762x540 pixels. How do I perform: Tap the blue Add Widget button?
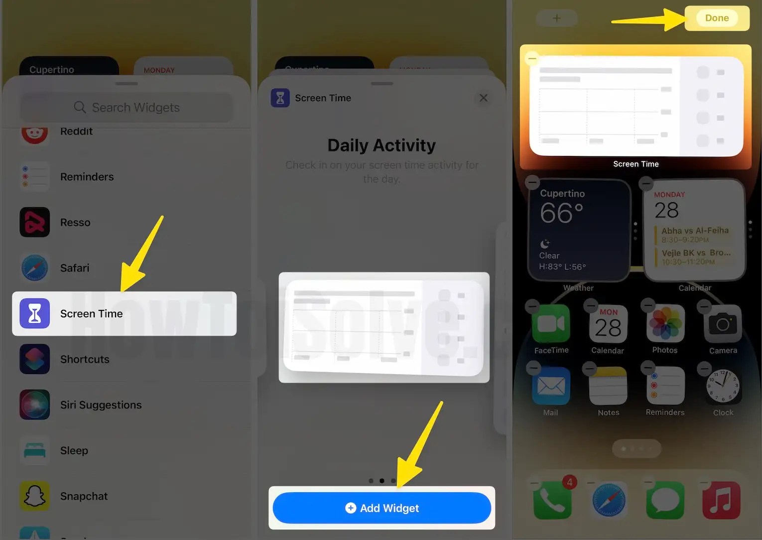tap(381, 508)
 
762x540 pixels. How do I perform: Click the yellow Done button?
tap(717, 18)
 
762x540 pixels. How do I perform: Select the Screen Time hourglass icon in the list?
tap(35, 313)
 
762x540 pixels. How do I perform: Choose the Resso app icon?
tap(35, 222)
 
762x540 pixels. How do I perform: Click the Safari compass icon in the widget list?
tap(35, 268)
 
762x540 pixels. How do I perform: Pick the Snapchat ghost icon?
tap(35, 496)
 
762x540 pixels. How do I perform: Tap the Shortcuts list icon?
tap(35, 359)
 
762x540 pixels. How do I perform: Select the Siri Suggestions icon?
tap(35, 405)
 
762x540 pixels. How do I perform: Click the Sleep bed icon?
tap(35, 450)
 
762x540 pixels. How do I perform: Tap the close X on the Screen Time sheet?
tap(483, 98)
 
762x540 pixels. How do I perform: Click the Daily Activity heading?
tap(381, 145)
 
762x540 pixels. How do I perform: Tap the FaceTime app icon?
tap(551, 324)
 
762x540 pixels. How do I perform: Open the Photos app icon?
tap(665, 324)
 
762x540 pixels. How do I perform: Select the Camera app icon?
tap(723, 324)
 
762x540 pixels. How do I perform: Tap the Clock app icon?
tap(723, 387)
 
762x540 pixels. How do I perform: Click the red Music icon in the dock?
tap(721, 500)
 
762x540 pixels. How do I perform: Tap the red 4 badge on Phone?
tap(569, 482)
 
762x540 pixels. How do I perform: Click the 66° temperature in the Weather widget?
tap(561, 213)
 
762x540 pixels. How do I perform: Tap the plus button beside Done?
tap(556, 18)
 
